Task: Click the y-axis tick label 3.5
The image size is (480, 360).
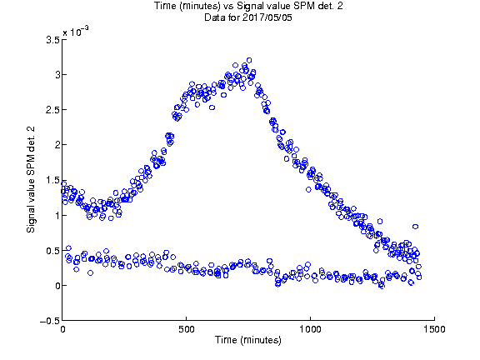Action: (52, 40)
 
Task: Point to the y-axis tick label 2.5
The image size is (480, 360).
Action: (52, 110)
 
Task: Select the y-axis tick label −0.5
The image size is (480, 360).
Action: (50, 321)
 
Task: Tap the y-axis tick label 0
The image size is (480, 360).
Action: (57, 286)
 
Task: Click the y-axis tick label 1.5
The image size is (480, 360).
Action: (52, 180)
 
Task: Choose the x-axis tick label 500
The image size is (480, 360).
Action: (187, 329)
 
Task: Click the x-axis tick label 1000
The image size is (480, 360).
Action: (310, 329)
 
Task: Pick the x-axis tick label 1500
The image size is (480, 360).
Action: (434, 329)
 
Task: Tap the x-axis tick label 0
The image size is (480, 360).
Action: (62, 329)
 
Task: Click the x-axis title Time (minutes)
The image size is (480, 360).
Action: (248, 340)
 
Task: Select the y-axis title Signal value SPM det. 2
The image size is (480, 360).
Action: (31, 180)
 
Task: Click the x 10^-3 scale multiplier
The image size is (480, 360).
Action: (76, 31)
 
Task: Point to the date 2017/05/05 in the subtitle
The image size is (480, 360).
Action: (267, 17)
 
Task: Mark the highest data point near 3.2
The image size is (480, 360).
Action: (249, 60)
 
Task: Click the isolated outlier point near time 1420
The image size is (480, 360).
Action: (415, 227)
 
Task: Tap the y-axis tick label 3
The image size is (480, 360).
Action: (57, 75)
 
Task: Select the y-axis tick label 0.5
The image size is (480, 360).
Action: (52, 251)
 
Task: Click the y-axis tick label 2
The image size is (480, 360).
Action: (57, 145)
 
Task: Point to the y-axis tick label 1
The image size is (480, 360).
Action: (57, 216)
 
